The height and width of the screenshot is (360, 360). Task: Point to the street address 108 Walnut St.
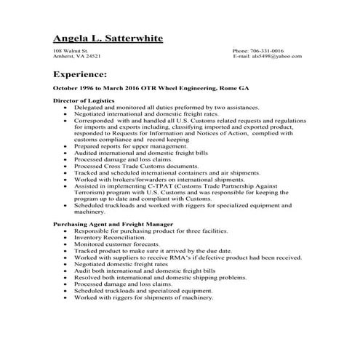coord(71,50)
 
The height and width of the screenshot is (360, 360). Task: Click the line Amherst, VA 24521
coord(77,56)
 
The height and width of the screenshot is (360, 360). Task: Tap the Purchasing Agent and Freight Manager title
coord(113,225)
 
